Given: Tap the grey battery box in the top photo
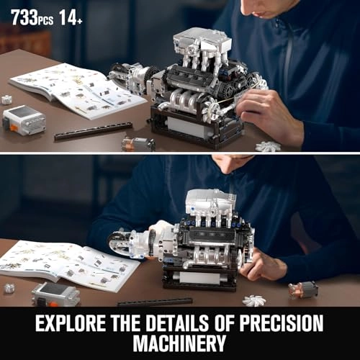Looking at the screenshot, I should point(24,120).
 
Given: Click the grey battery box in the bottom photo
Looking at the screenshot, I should point(55,292).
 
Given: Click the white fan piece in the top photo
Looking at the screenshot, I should point(268,146).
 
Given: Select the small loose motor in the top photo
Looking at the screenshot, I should point(138,143).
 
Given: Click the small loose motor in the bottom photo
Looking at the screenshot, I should point(303,289).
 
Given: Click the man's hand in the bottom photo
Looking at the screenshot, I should point(265,264).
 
